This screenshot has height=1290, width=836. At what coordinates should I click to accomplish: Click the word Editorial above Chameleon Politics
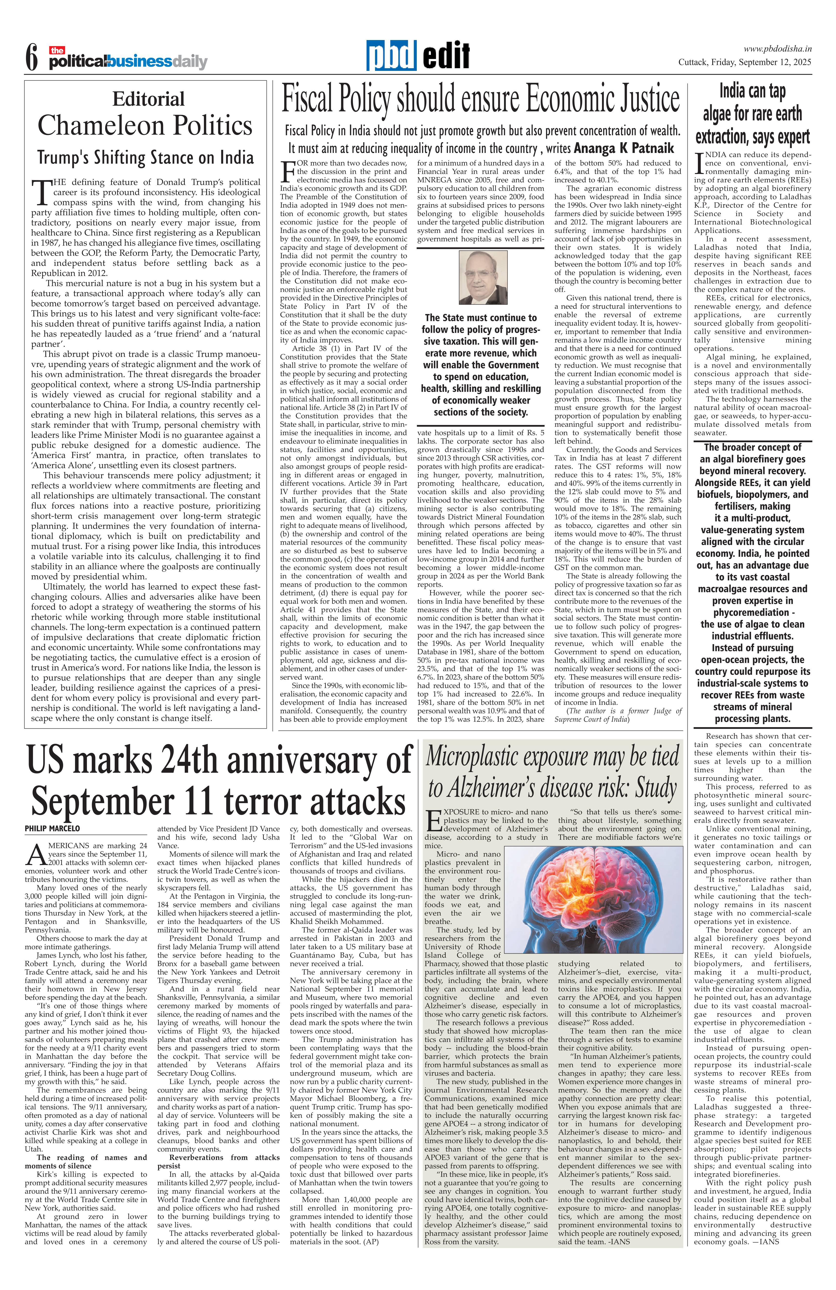coord(148,99)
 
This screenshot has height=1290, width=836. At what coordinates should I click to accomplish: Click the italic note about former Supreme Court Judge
coord(618,715)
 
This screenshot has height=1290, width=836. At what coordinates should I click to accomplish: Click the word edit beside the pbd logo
coord(446,56)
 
